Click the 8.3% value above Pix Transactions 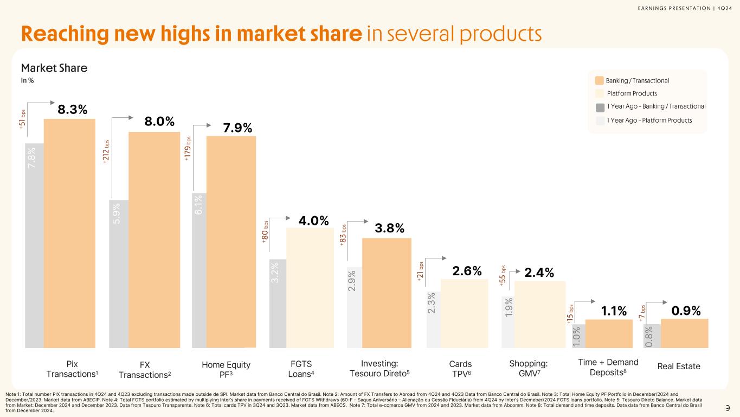73,109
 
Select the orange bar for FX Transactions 154,239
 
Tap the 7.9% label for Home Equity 237,128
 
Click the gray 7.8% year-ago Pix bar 34,244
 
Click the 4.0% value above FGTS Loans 313,221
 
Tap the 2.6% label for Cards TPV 467,271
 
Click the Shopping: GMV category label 529,369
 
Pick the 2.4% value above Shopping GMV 539,273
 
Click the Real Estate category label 679,367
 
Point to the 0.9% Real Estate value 686,311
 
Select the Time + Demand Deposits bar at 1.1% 609,333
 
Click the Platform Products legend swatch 599,93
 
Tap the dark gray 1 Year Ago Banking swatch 599,107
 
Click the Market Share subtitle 54,68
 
